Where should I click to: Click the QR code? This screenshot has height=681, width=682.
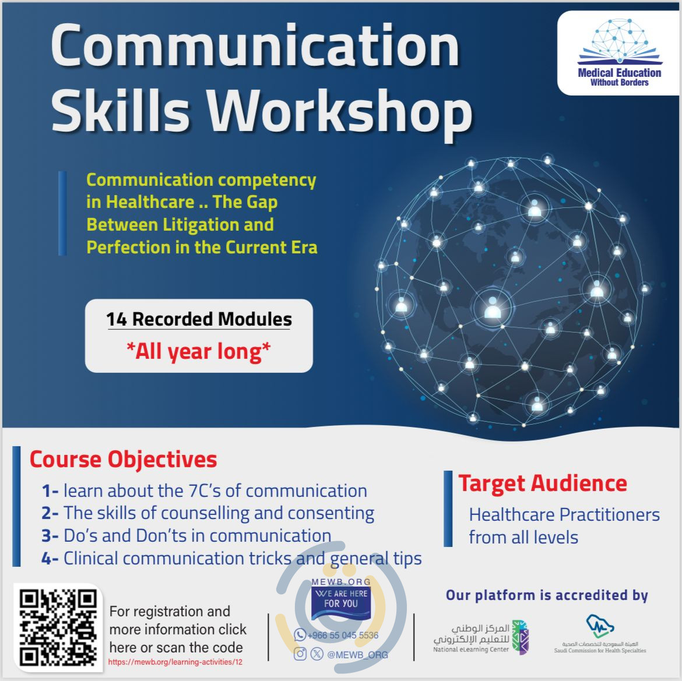point(58,628)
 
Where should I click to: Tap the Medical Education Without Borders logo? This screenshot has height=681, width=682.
point(619,53)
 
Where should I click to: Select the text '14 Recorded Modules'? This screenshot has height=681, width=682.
point(199,319)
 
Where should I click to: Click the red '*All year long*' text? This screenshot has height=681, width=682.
point(199,352)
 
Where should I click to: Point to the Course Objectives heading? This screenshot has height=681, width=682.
point(123,459)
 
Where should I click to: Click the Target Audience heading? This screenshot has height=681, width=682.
point(543,484)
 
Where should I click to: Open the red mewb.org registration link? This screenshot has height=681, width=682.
point(175,662)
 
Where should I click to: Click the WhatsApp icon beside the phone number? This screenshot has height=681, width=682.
point(300,635)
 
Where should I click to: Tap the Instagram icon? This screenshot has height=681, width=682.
point(300,654)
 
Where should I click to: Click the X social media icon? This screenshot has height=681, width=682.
point(317,654)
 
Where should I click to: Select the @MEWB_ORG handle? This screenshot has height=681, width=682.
point(357,654)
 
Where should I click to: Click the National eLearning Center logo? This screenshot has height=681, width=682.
point(481,637)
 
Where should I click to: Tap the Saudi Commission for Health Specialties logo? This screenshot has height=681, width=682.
point(600,634)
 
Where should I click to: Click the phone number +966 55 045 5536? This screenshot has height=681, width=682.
point(343,636)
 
